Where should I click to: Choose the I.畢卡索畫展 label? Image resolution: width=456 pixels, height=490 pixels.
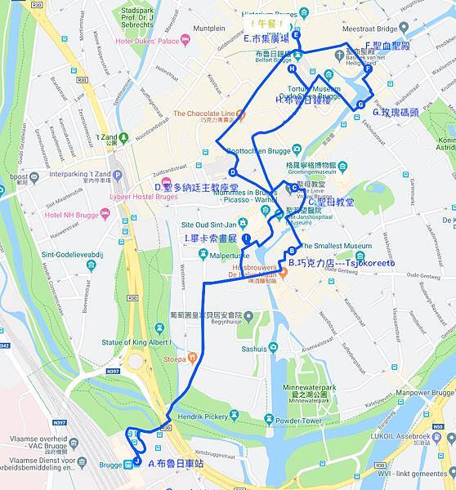point(210,238)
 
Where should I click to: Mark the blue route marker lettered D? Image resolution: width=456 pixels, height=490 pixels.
point(233,172)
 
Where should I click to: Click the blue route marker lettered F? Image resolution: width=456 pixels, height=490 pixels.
point(368,69)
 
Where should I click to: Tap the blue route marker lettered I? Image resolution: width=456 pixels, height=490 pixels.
point(246,237)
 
